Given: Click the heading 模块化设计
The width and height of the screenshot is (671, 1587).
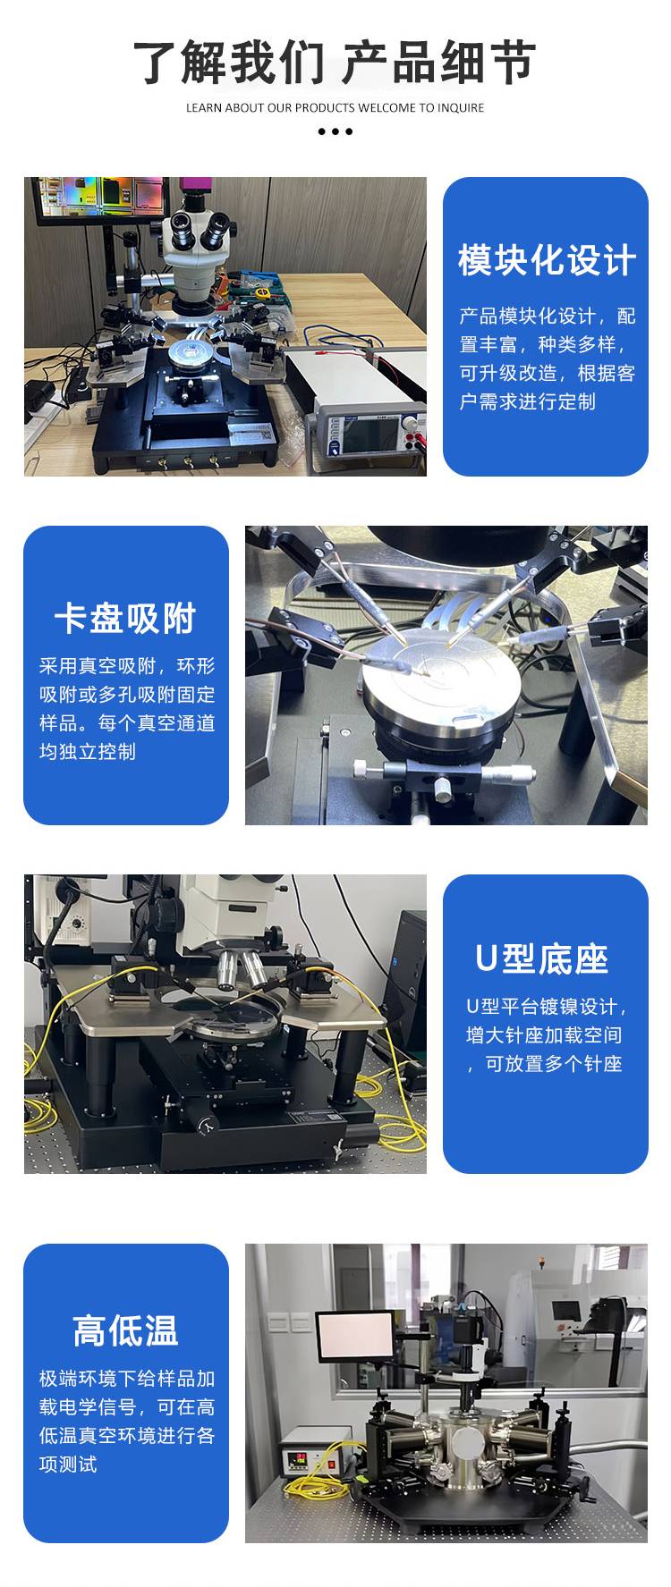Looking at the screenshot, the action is click(x=547, y=260).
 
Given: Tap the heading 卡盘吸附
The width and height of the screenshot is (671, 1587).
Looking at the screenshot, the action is click(x=125, y=618).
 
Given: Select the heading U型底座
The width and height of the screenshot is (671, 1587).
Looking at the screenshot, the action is click(x=542, y=958).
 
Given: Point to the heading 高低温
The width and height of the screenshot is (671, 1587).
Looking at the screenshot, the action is click(x=125, y=1330).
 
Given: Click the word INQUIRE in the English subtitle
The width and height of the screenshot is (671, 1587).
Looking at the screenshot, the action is click(x=461, y=108).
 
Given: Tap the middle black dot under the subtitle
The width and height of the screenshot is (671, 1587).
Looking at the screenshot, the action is click(x=335, y=131).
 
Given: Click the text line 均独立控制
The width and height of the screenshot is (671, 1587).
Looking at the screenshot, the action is click(x=87, y=751).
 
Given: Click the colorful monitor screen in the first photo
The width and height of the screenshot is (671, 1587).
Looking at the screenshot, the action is click(x=101, y=195).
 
